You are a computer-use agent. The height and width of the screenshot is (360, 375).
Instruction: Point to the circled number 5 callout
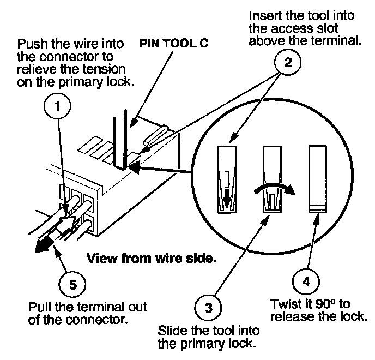pyautogui.click(x=70, y=284)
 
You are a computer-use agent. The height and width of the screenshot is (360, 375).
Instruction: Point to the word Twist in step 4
pyautogui.click(x=283, y=304)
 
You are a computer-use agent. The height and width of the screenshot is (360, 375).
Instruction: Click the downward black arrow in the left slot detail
pyautogui.click(x=227, y=195)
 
